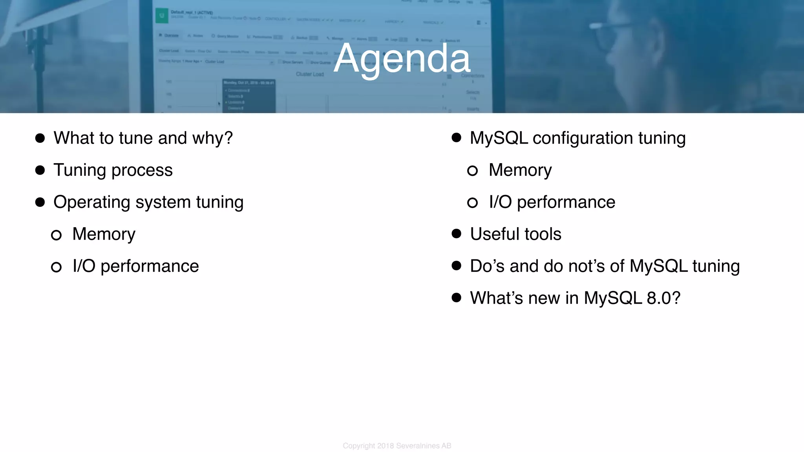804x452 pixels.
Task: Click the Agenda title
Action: coord(402,59)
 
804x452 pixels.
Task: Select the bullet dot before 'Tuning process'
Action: coord(40,170)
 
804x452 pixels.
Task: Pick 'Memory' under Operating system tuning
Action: coord(104,234)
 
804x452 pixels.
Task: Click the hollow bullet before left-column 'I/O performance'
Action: coord(56,267)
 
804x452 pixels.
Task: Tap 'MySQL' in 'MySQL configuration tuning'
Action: coord(499,138)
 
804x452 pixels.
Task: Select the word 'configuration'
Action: coord(583,138)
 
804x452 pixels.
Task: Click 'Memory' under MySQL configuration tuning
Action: coord(520,170)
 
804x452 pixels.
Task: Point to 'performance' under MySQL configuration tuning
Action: coord(566,202)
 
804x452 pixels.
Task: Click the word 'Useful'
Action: coord(495,234)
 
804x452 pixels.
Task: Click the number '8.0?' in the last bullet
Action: coord(663,298)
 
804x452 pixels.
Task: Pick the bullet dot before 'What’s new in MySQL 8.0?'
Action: coord(456,298)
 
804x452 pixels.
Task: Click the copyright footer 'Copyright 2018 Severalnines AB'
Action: coord(397,446)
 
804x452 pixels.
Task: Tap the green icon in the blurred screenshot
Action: coord(161,16)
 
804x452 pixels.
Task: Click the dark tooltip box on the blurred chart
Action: coord(249,96)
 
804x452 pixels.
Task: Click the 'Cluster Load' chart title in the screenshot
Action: coord(310,74)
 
